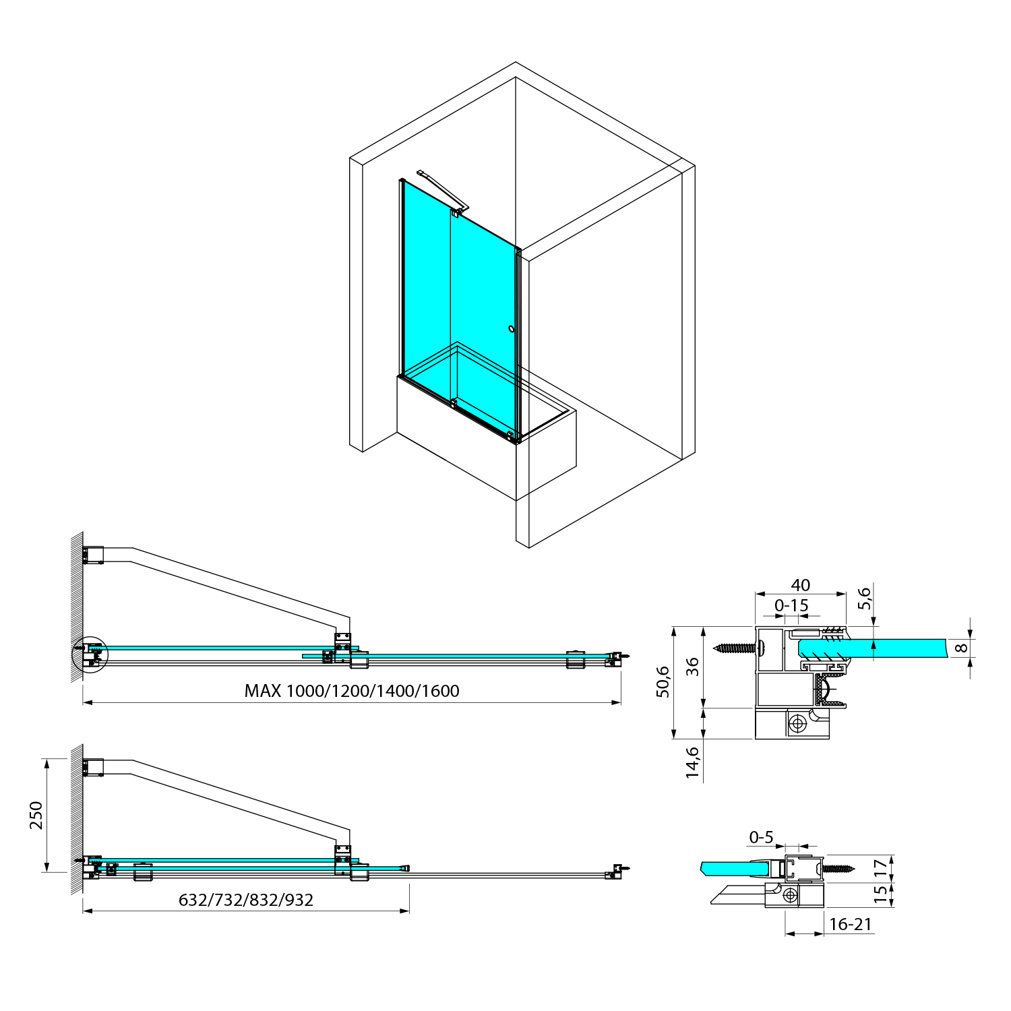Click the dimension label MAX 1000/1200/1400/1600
(352, 691)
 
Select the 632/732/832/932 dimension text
(246, 900)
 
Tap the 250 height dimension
(36, 815)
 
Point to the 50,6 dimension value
(663, 681)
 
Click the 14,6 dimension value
(693, 762)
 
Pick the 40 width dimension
(800, 585)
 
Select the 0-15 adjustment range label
(791, 605)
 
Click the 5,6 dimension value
(865, 598)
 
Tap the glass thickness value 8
(962, 648)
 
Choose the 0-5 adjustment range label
(761, 837)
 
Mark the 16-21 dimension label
(850, 924)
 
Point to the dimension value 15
(880, 894)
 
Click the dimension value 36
(693, 667)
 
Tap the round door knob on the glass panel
(512, 329)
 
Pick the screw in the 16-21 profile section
(838, 869)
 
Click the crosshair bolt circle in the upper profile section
(798, 724)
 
